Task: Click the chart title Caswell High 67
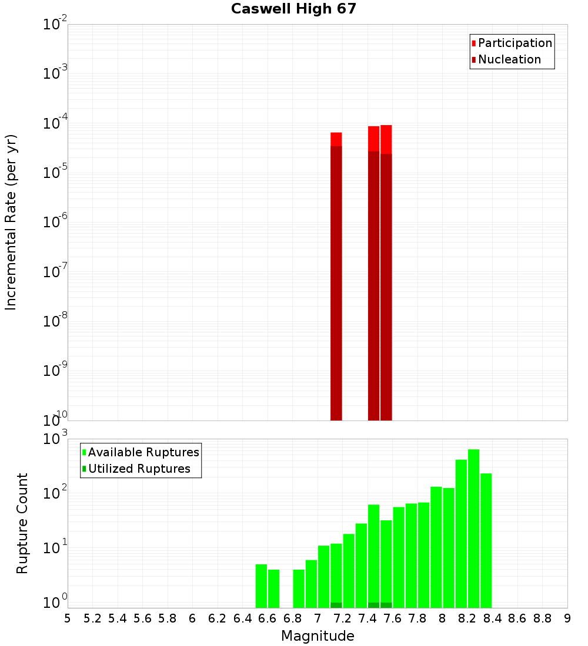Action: pos(293,9)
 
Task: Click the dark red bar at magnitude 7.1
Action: pos(336,282)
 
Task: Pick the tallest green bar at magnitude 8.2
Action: pos(473,529)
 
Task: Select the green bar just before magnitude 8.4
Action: pos(486,540)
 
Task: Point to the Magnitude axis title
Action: pos(318,636)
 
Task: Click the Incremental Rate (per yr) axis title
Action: pos(11,222)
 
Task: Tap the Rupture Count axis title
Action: pos(22,523)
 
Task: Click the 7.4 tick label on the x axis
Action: pos(367,618)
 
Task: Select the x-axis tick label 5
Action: pos(68,618)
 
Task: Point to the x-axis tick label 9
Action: pos(567,618)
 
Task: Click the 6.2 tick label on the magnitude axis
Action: pos(218,618)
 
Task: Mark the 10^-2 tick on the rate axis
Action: pos(55,25)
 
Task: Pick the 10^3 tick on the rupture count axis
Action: pos(55,439)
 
